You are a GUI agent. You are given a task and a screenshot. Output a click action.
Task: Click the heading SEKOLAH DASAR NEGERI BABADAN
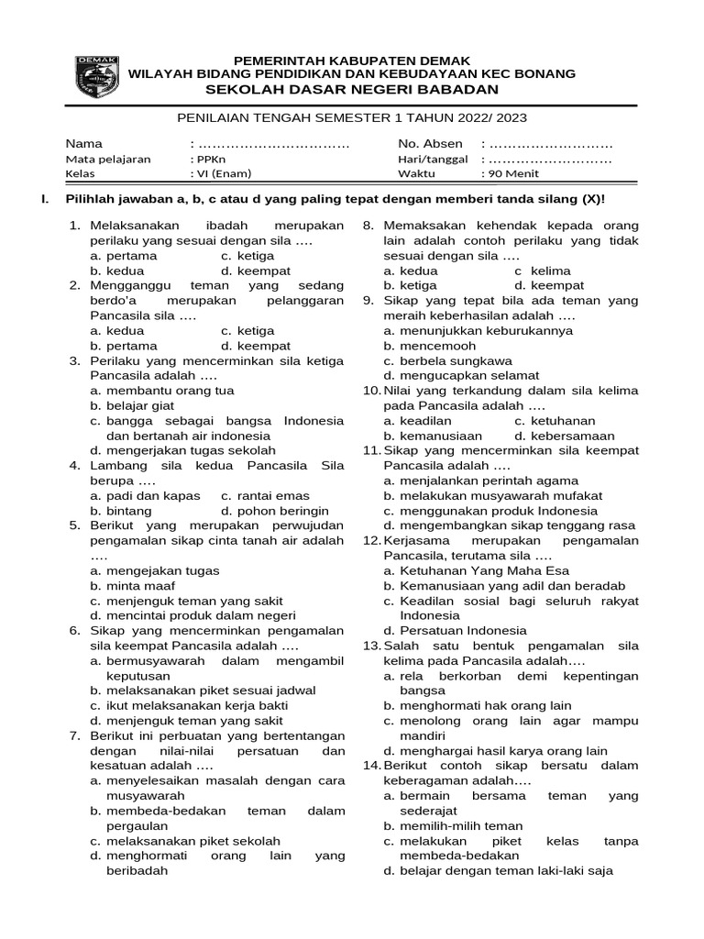click(352, 89)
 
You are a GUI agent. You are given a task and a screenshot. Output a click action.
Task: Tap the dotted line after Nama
click(273, 144)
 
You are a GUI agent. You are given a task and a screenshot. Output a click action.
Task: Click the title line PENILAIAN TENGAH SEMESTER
click(352, 117)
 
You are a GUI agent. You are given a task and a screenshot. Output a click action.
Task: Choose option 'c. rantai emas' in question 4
click(265, 495)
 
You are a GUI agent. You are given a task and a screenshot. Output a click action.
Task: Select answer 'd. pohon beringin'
click(274, 511)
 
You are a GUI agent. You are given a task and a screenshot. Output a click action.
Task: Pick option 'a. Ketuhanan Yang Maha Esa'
click(477, 570)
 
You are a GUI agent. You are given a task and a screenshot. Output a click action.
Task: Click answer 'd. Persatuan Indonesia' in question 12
click(456, 630)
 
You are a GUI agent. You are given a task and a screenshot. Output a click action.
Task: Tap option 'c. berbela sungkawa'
click(448, 360)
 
